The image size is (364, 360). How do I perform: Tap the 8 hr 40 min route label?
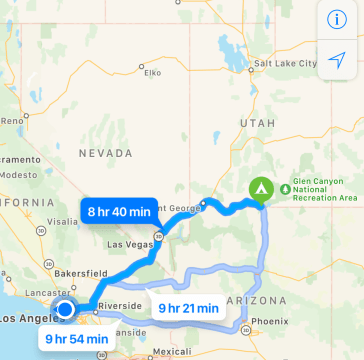[119, 212]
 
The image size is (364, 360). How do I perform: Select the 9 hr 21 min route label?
[188, 308]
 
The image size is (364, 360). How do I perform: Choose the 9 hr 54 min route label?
[77, 338]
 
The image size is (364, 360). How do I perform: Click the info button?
[337, 18]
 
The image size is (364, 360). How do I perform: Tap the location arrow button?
[337, 59]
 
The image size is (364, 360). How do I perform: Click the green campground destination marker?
[260, 187]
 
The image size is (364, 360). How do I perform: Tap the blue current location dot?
[66, 309]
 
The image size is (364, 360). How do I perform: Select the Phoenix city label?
[271, 322]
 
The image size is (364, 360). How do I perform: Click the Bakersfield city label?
[74, 271]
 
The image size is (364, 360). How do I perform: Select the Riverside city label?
[120, 307]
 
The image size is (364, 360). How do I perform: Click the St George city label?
[183, 208]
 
